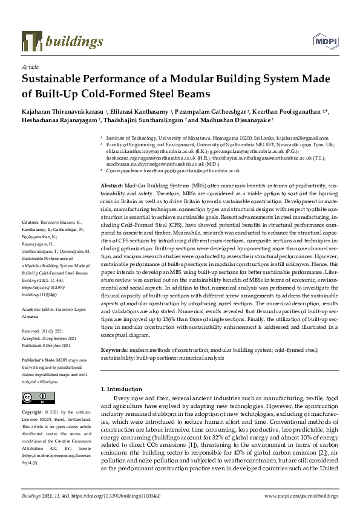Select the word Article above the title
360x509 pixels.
30,66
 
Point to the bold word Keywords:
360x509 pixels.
113,350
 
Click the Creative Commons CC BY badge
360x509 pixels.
37,397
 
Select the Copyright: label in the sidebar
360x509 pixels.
33,412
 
